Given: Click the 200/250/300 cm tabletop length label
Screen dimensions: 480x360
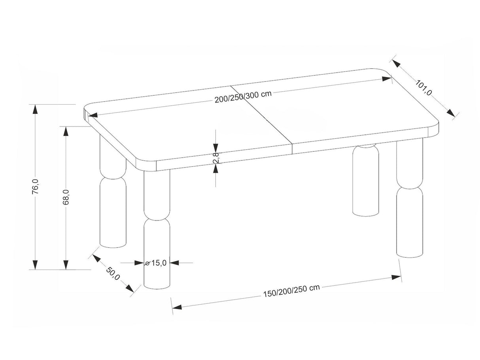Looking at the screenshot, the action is click(x=243, y=96).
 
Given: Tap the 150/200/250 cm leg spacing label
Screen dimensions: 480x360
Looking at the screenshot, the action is click(x=291, y=290).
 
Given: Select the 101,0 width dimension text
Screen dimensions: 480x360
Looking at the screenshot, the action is click(x=423, y=88).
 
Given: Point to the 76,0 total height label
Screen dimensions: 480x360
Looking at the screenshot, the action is click(x=35, y=186).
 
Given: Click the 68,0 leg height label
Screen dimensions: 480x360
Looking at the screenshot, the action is click(x=66, y=197).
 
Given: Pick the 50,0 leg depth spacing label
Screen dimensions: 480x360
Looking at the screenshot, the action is click(x=113, y=273).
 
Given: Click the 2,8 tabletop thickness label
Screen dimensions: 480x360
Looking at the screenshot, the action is click(x=216, y=158).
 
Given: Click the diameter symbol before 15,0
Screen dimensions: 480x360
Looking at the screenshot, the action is click(x=147, y=264).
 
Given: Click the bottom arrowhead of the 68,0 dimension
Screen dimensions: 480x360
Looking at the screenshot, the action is click(x=66, y=265).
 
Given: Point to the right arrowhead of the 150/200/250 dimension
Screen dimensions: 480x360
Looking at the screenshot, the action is click(x=396, y=277).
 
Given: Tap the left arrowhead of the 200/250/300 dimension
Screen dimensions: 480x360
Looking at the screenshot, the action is click(x=93, y=115).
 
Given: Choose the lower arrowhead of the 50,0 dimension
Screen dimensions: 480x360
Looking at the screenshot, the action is click(x=130, y=288).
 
